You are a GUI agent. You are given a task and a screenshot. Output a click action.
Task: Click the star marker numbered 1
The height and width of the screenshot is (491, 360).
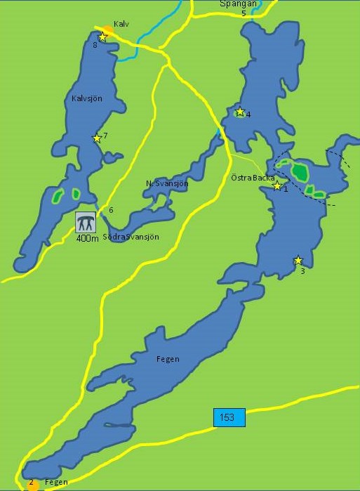pos(277,185)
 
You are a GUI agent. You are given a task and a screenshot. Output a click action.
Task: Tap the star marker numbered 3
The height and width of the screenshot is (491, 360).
pos(298,260)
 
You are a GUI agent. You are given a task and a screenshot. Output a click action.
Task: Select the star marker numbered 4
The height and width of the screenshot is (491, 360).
pos(240,112)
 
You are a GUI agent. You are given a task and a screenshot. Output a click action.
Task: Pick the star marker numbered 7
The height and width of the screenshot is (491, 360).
pos(97,138)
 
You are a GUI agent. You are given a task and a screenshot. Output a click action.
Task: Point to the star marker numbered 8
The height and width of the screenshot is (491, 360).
pos(102,37)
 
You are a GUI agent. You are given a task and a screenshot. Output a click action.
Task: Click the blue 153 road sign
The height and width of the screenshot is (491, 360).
pos(229,417)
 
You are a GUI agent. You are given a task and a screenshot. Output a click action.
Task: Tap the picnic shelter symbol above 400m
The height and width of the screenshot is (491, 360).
pos(86,222)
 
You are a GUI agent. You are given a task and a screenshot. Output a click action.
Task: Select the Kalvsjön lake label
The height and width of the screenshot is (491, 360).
pos(87,98)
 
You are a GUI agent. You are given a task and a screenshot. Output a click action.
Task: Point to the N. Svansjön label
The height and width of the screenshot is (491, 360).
pos(167,183)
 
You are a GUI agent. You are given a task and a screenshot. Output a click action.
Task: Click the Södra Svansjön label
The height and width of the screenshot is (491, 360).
pos(131,237)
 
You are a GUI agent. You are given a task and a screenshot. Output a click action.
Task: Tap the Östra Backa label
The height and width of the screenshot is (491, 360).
pos(253,178)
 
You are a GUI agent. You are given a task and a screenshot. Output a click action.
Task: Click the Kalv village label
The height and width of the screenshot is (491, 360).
pos(121,24)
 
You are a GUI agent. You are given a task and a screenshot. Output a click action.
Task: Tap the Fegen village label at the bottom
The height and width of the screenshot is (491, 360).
pos(55,483)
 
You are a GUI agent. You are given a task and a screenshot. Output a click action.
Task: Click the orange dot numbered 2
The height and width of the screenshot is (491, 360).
pos(32,484)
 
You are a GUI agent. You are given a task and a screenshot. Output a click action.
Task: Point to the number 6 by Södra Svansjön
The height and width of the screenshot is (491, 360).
pos(111,210)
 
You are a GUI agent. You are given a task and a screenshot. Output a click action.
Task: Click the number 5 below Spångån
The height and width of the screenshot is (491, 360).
pos(244,13)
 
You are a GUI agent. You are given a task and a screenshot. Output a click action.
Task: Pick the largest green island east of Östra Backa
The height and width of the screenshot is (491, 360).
pos(300,171)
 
